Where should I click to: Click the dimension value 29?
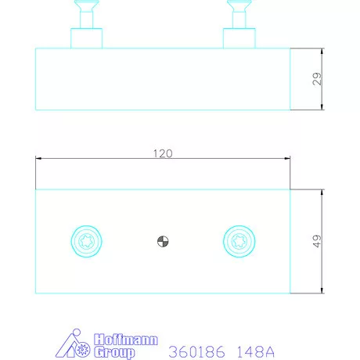(317, 79)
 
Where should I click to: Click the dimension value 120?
(163, 153)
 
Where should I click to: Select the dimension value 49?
(317, 241)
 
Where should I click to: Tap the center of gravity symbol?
(163, 241)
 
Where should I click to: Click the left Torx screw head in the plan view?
(86, 241)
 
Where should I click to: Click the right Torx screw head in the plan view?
(239, 241)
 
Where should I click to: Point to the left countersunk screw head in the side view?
(86, 5)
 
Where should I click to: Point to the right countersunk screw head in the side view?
(239, 5)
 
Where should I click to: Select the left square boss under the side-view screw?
(86, 38)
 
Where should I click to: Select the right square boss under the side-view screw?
(239, 38)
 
